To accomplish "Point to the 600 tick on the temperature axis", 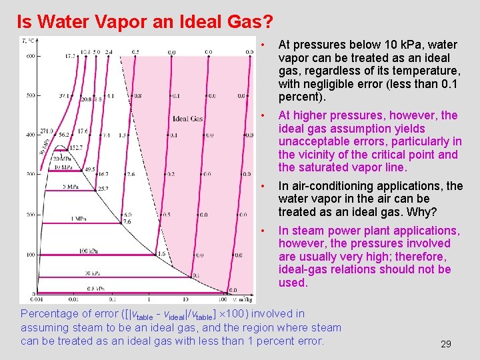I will tap(30, 56).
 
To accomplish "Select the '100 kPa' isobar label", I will tap(89, 251).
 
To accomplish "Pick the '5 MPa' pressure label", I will tap(72, 187).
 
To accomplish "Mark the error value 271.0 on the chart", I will tap(46, 131).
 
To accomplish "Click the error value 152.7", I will tap(75, 147).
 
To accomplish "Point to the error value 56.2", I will tap(64, 135).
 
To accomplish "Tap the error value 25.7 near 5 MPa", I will tap(103, 189).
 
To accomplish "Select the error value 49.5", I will tap(89, 169).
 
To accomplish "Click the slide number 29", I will tap(446, 344).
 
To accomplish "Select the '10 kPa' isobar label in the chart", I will tap(92, 273).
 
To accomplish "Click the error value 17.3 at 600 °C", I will tap(70, 57).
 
